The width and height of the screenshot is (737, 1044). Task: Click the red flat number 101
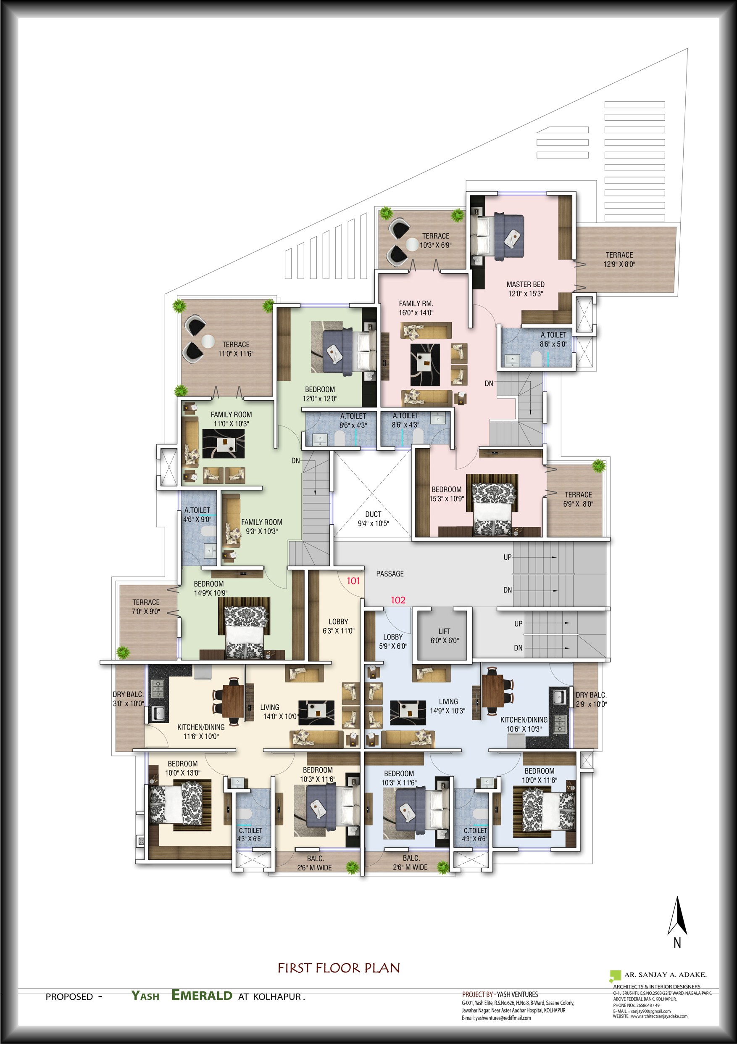click(x=353, y=581)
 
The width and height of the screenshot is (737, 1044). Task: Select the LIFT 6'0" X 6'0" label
click(x=445, y=636)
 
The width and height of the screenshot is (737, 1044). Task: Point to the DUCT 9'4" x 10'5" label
click(x=373, y=518)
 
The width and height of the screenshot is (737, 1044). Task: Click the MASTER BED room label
click(x=525, y=284)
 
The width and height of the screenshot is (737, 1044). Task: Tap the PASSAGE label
click(x=390, y=574)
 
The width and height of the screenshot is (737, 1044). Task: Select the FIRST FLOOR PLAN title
click(x=339, y=967)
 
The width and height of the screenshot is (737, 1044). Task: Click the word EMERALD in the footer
click(x=201, y=995)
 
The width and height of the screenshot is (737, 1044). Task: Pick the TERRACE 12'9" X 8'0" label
click(x=619, y=259)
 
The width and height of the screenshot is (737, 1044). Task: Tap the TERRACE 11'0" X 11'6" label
click(x=235, y=349)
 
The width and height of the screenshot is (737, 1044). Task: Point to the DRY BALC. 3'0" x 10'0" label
click(x=128, y=699)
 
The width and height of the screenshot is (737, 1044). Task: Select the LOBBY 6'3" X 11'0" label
click(x=339, y=626)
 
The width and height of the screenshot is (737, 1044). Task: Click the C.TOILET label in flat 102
click(x=475, y=830)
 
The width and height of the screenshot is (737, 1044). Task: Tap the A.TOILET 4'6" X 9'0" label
click(x=197, y=514)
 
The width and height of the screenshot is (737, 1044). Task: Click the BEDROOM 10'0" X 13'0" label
click(x=182, y=768)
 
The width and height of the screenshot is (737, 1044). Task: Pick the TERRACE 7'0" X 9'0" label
click(x=146, y=607)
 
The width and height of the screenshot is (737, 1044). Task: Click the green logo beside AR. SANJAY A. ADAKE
click(x=615, y=975)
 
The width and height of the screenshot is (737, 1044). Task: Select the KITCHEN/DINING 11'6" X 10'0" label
click(x=201, y=732)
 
